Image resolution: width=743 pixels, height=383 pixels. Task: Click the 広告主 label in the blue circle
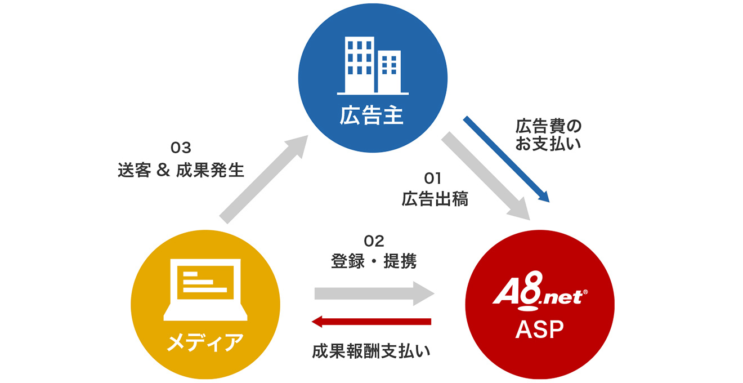[371, 115]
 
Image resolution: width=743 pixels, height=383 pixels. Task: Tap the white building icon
[373, 66]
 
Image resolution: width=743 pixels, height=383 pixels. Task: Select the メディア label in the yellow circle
[205, 342]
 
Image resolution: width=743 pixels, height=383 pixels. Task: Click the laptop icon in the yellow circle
[205, 290]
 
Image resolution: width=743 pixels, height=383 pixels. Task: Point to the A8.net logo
[540, 291]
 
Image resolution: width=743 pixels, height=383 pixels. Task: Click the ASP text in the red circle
[540, 329]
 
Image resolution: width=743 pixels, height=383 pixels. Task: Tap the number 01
[432, 179]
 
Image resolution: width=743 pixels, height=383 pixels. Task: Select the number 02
[374, 241]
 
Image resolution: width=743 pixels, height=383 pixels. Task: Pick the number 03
[181, 148]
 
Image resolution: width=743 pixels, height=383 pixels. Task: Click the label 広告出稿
[435, 199]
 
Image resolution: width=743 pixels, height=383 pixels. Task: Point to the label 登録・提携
[374, 261]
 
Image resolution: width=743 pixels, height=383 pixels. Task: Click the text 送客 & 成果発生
[181, 170]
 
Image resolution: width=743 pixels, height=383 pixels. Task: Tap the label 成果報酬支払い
[371, 351]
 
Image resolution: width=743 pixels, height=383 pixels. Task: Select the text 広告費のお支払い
[548, 135]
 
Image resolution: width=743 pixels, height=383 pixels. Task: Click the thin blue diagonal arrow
[507, 159]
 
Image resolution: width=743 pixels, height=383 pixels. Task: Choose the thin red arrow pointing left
[371, 322]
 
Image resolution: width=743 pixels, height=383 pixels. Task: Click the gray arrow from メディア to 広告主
[264, 179]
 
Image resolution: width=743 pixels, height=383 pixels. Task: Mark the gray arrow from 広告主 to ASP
[486, 176]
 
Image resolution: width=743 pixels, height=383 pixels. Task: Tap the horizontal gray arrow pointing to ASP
[374, 293]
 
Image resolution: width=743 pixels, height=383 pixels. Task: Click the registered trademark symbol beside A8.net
[585, 292]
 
